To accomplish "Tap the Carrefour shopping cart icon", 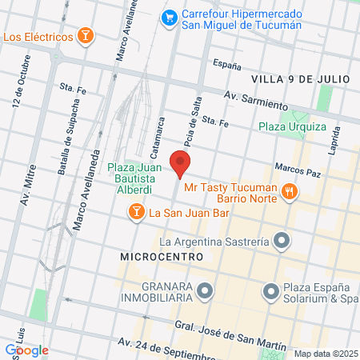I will click(x=169, y=16).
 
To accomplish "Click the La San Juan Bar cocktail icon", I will click(x=137, y=212).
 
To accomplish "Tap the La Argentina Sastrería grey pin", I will click(x=281, y=240).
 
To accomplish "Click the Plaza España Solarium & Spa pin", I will click(x=270, y=290).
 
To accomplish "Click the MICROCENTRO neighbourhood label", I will click(x=158, y=257).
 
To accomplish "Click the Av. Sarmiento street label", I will click(x=255, y=102).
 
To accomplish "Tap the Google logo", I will click(x=26, y=350).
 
